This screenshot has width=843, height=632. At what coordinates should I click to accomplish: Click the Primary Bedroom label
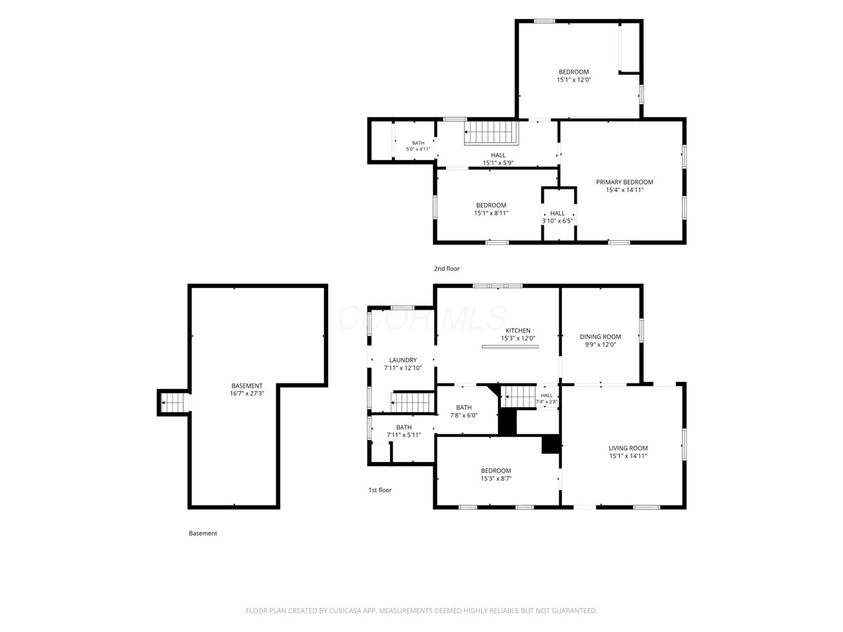coord(624,182)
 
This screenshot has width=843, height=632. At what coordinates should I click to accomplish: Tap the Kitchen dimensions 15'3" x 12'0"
coord(518,338)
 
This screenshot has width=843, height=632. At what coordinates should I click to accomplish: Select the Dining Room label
coord(600,336)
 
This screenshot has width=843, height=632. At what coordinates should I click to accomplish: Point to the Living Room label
coord(628,448)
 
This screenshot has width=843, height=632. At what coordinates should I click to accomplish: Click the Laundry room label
coord(403,360)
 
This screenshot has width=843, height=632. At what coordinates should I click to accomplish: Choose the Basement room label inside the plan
coord(247,386)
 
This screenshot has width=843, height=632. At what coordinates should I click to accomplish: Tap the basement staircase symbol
coord(176,402)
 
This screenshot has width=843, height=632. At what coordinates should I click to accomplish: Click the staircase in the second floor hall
coord(491,133)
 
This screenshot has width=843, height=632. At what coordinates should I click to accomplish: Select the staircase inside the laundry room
coord(412,402)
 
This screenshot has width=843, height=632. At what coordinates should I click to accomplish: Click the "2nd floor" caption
coord(447,269)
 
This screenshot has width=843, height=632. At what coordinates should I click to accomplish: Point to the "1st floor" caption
coord(380,490)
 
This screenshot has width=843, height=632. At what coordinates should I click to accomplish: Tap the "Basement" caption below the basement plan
coord(203,533)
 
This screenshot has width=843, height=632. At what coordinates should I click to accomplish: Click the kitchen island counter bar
coord(510,346)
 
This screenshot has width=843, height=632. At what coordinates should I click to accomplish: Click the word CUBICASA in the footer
coord(345,610)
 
